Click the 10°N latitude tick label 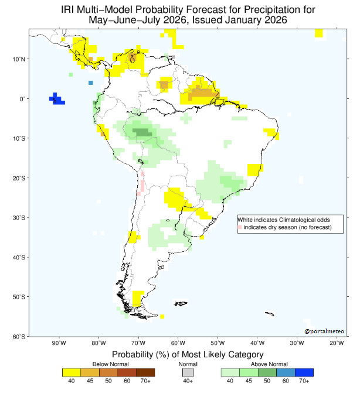(19, 59)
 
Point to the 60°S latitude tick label (19, 337)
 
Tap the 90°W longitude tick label (59, 343)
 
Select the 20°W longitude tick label (337, 343)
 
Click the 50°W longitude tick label (218, 343)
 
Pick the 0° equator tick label (23, 99)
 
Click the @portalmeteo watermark (324, 332)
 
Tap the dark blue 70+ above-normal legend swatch (304, 373)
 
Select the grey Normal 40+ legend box (188, 373)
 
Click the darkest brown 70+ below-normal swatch (145, 373)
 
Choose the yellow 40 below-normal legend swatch (72, 373)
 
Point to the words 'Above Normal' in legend (269, 364)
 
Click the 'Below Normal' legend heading (111, 364)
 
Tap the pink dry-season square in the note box (240, 227)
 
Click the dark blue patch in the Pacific (57, 99)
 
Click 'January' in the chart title (243, 20)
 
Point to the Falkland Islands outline (181, 303)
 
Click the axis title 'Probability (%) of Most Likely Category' (188, 355)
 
